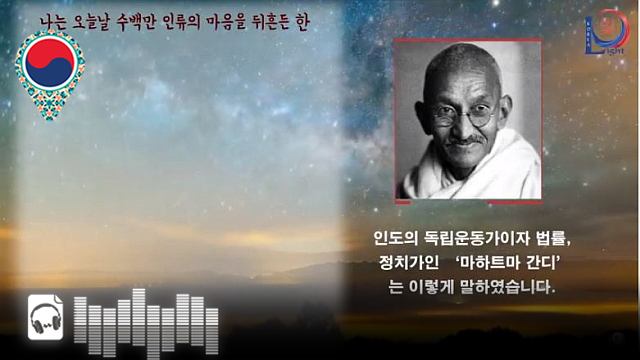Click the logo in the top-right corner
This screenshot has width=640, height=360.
(x=606, y=31)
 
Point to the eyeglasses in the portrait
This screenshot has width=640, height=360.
(x=462, y=112)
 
